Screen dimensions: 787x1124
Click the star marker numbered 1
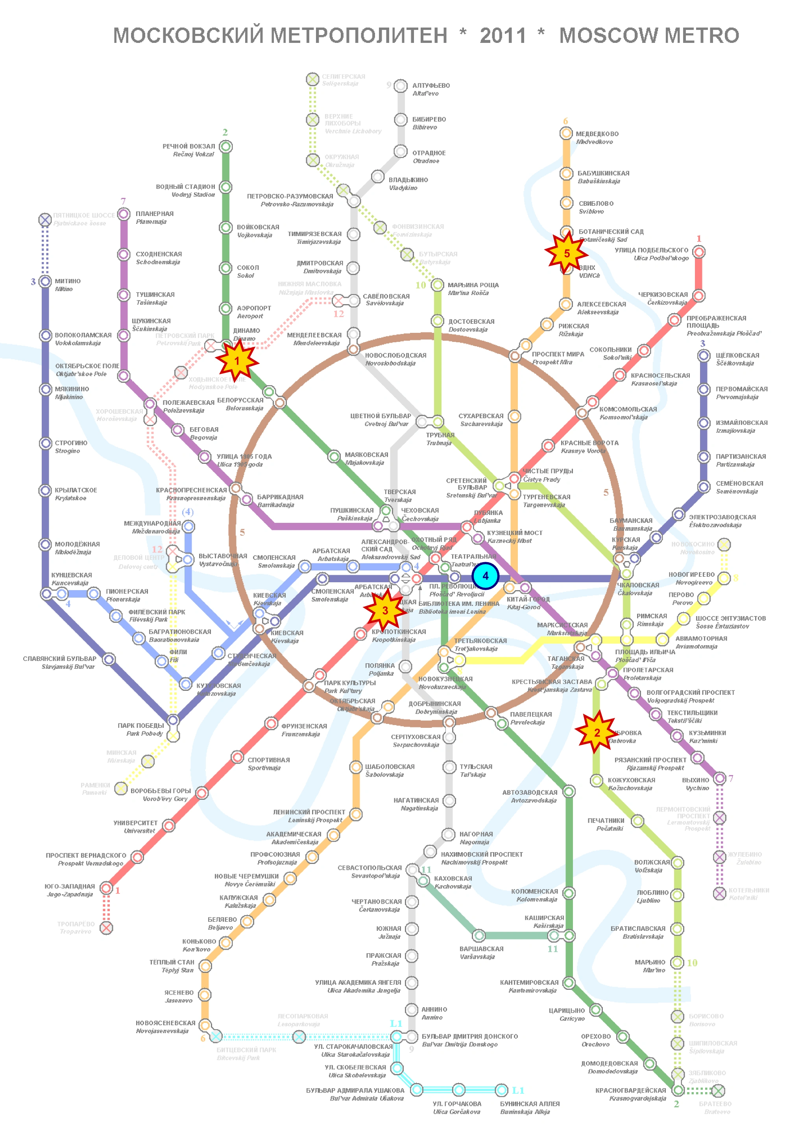[237, 361]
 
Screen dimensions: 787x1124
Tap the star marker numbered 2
[597, 733]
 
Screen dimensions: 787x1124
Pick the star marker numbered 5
[567, 253]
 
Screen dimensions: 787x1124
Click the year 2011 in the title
[502, 35]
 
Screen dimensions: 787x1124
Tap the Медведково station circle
[566, 133]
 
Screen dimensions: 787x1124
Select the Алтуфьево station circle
[401, 86]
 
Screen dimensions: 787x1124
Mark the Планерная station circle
[124, 214]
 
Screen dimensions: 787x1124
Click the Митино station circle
[45, 281]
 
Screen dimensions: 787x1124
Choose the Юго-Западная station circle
[106, 888]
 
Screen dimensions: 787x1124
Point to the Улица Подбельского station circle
[699, 252]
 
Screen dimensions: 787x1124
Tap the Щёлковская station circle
[704, 356]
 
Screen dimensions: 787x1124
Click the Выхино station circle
[719, 778]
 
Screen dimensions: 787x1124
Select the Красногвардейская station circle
[678, 1090]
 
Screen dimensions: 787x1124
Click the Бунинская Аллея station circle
[501, 1089]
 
